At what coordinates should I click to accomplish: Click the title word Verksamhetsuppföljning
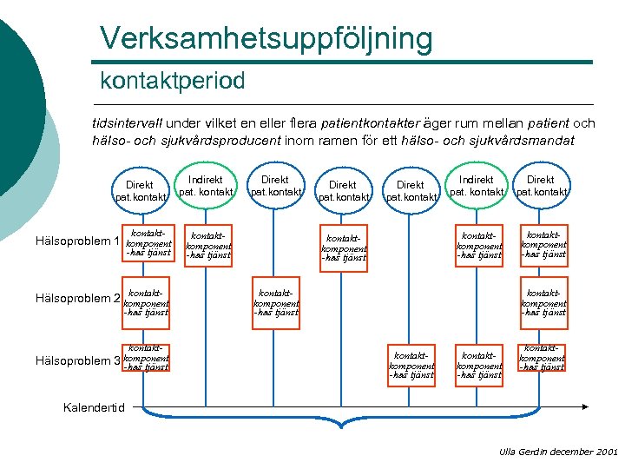(266, 38)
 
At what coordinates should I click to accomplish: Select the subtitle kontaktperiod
(173, 81)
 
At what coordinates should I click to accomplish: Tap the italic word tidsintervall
(127, 123)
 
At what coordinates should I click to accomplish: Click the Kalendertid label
(95, 407)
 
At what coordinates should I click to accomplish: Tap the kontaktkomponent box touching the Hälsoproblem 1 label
(146, 242)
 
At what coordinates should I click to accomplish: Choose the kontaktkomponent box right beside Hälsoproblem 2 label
(146, 300)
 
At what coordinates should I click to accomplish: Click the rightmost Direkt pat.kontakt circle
(541, 185)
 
